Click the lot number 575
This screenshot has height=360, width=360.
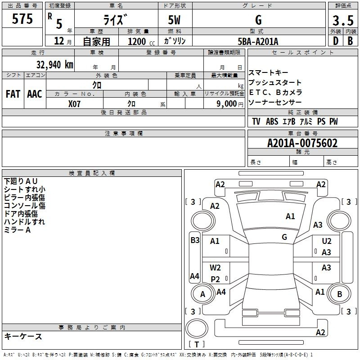[22, 19]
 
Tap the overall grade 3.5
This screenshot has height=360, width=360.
[343, 20]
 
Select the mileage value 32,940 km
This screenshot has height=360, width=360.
[54, 65]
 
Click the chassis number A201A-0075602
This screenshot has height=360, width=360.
[302, 143]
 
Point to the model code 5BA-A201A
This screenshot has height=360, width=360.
[258, 41]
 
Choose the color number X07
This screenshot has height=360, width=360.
[74, 104]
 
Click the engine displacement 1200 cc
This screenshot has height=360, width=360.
[141, 41]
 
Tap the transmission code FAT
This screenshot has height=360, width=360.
[13, 94]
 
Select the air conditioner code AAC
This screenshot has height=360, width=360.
[35, 94]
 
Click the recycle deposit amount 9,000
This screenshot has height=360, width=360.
[227, 104]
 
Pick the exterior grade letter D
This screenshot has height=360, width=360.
[336, 41]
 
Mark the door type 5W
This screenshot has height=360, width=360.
[174, 20]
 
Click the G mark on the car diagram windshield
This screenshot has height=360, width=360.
[284, 237]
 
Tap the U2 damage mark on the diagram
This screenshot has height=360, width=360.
[327, 241]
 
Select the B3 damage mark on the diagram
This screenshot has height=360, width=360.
[195, 240]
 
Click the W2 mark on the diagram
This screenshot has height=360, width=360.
[215, 268]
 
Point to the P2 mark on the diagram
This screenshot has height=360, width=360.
[216, 279]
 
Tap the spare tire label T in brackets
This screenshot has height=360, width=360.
[197, 344]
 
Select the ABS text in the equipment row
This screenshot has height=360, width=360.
[272, 121]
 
